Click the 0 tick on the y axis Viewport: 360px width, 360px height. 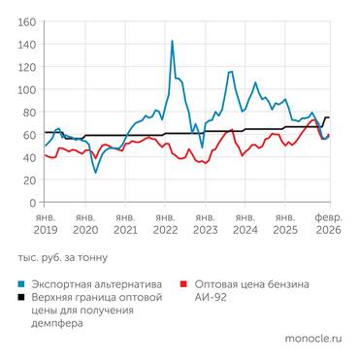point(33,204)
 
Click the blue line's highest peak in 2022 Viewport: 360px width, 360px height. point(172,41)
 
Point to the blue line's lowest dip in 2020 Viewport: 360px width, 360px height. point(95,173)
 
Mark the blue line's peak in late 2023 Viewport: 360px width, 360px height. point(230,71)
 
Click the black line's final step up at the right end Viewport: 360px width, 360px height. point(324,117)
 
